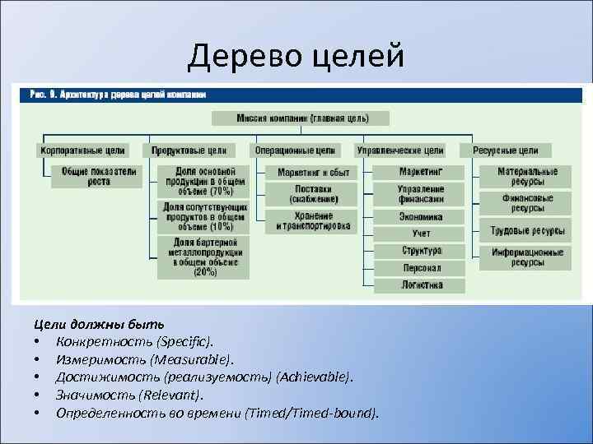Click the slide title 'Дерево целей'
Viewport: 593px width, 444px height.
pyautogui.click(x=296, y=56)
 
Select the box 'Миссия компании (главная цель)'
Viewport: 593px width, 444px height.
pyautogui.click(x=302, y=118)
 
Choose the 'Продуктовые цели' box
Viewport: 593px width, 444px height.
pyautogui.click(x=189, y=150)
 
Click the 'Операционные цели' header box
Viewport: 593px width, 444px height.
pyautogui.click(x=295, y=150)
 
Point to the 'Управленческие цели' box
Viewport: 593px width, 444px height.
pyautogui.click(x=399, y=150)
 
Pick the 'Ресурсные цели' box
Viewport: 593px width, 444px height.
pyautogui.click(x=506, y=150)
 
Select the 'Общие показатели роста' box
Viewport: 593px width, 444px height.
pyautogui.click(x=99, y=176)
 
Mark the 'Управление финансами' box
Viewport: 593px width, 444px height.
pyautogui.click(x=420, y=194)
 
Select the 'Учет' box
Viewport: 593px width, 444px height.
pyautogui.click(x=420, y=234)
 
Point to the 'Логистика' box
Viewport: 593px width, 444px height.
pyautogui.click(x=420, y=285)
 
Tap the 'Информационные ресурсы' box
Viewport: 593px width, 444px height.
pyautogui.click(x=527, y=257)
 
